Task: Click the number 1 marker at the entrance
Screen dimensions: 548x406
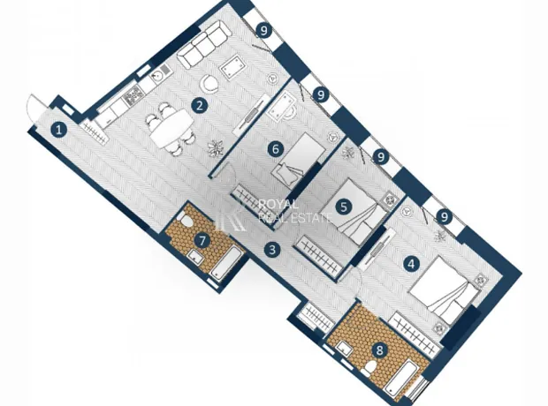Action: tap(59, 131)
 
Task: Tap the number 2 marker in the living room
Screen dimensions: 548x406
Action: tap(200, 105)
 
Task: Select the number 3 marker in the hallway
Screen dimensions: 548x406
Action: tap(272, 250)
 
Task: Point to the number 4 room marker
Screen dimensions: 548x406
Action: tap(411, 264)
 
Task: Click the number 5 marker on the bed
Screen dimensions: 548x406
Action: tap(344, 207)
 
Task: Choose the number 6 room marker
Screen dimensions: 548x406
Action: tap(276, 149)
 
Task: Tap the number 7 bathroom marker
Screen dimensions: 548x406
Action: tap(203, 241)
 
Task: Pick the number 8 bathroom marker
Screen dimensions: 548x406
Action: tap(380, 350)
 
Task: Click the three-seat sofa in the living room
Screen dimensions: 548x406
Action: tap(205, 44)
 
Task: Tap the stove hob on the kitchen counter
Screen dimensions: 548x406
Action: tap(133, 95)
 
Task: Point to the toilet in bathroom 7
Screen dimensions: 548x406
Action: tap(185, 220)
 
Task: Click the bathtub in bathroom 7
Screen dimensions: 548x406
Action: tap(226, 263)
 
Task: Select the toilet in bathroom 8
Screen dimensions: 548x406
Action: tap(368, 368)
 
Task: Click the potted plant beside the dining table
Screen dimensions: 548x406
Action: tap(216, 148)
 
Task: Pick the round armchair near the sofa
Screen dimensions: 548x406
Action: tap(209, 84)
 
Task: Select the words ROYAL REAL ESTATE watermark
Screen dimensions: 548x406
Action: tap(294, 211)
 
